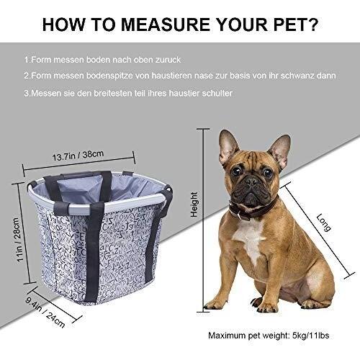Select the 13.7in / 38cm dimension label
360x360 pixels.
click(x=78, y=156)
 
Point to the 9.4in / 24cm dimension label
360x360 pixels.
click(x=45, y=312)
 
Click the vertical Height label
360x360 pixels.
click(x=194, y=204)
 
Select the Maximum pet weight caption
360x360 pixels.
click(x=269, y=336)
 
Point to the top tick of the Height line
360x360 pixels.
click(x=203, y=129)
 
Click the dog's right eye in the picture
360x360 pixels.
click(x=236, y=171)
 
